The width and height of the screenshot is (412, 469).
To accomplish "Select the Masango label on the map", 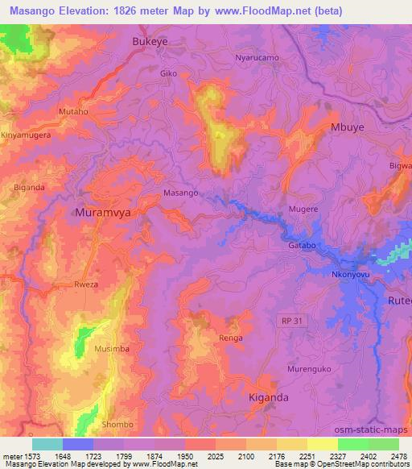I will click(x=180, y=193).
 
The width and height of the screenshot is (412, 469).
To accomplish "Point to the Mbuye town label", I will click(x=348, y=127).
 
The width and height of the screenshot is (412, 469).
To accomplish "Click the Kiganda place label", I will click(x=269, y=397).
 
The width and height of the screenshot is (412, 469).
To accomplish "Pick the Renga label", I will click(x=231, y=338).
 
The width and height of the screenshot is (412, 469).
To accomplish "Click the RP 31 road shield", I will click(x=294, y=321).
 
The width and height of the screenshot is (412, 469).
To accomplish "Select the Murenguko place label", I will click(x=309, y=369).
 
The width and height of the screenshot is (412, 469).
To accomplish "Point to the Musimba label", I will click(x=110, y=349).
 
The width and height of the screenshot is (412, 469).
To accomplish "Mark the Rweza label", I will click(x=86, y=284).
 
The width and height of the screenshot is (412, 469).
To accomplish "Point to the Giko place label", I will click(x=168, y=73).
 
